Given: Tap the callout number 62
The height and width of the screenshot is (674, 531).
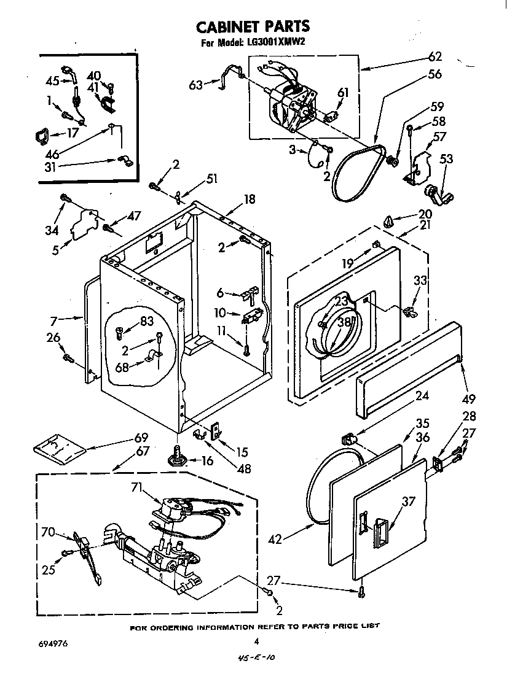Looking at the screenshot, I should click(x=435, y=57).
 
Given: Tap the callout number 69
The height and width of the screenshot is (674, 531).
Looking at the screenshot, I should click(x=141, y=438).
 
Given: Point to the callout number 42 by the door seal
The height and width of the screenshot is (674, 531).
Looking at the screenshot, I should click(x=276, y=540).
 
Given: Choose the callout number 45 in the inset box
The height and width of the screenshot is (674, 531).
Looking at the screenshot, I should click(x=52, y=80).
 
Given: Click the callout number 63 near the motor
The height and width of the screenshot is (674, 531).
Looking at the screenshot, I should click(x=196, y=85).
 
